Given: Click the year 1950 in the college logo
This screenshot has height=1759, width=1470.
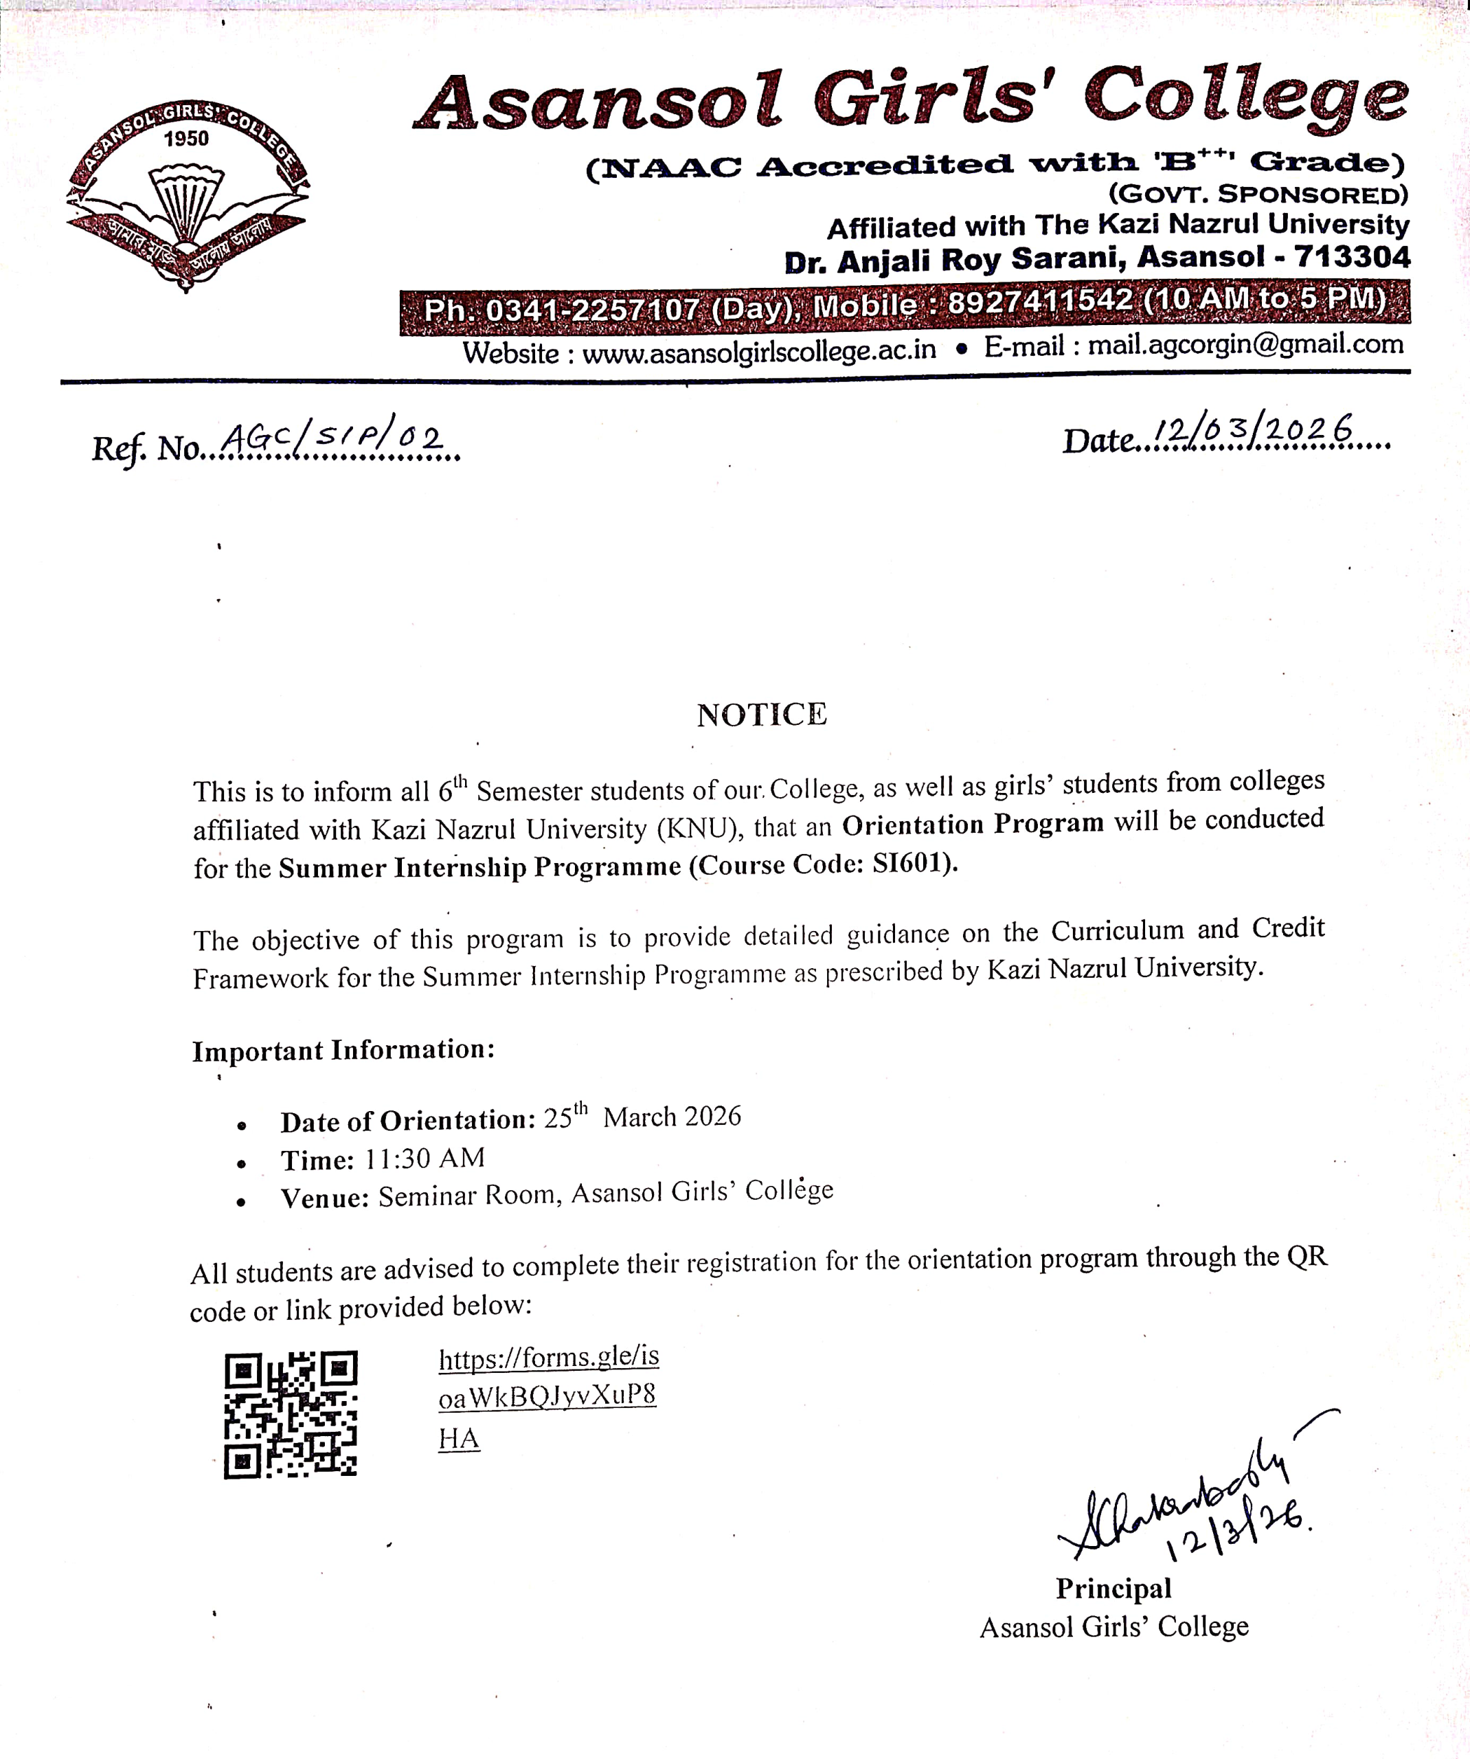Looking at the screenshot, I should [x=186, y=138].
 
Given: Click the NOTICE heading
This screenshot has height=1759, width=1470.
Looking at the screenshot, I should [x=761, y=715].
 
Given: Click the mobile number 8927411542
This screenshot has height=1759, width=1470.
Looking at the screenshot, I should [x=1039, y=302].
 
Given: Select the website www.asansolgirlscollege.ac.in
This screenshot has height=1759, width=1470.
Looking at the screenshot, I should [x=759, y=351].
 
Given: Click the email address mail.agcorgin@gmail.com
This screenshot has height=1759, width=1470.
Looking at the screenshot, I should [x=1245, y=344].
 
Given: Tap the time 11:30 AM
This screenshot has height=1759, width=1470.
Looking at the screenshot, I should [x=425, y=1158].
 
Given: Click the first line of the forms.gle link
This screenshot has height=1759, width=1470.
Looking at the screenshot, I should [x=549, y=1358].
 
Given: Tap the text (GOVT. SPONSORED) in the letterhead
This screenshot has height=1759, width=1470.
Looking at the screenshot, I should [x=1258, y=195].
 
